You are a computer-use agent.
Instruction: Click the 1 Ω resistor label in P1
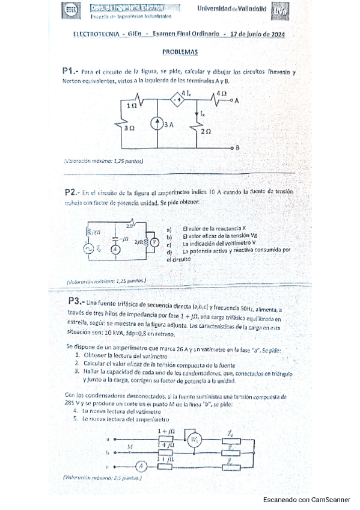click(x=132, y=105)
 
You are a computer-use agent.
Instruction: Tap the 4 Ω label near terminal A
click(x=220, y=94)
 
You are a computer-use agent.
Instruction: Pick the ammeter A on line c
click(x=140, y=464)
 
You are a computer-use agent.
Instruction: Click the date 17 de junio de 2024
click(x=257, y=35)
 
